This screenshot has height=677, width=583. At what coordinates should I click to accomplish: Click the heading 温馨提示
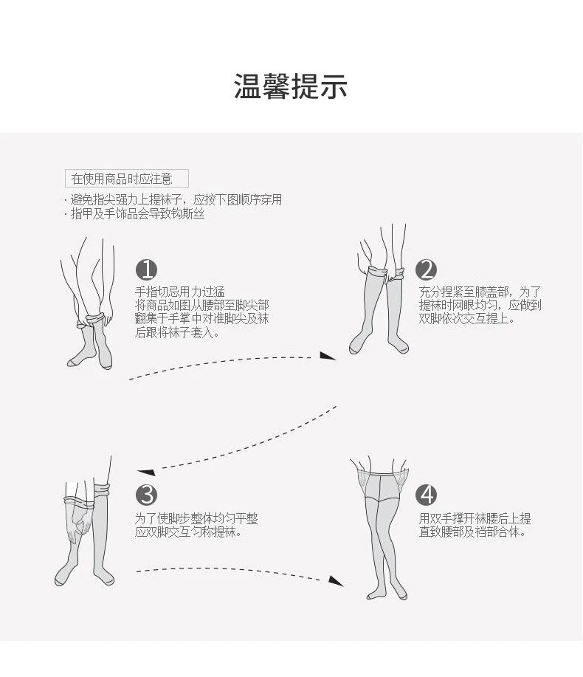291,86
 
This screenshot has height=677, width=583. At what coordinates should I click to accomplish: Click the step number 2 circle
427,270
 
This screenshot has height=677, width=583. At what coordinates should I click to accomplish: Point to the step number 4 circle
427,495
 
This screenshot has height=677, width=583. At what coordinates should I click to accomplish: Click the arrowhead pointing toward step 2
327,356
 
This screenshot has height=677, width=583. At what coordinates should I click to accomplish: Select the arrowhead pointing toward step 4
337,581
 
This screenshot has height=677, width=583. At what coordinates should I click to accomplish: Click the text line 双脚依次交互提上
467,319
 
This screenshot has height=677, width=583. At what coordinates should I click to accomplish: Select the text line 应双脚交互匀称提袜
188,532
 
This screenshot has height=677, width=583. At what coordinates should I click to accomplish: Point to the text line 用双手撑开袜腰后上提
475,518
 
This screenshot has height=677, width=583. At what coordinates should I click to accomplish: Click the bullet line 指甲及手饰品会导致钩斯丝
137,214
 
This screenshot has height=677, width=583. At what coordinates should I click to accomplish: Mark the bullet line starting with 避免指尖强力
176,200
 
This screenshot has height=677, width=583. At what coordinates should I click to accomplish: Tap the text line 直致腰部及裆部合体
472,532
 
